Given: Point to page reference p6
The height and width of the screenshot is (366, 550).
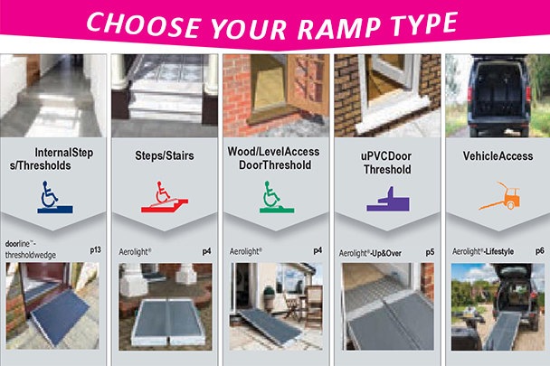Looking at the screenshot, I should [x=539, y=250].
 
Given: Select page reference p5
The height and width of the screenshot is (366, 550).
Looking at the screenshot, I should [x=428, y=250].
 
